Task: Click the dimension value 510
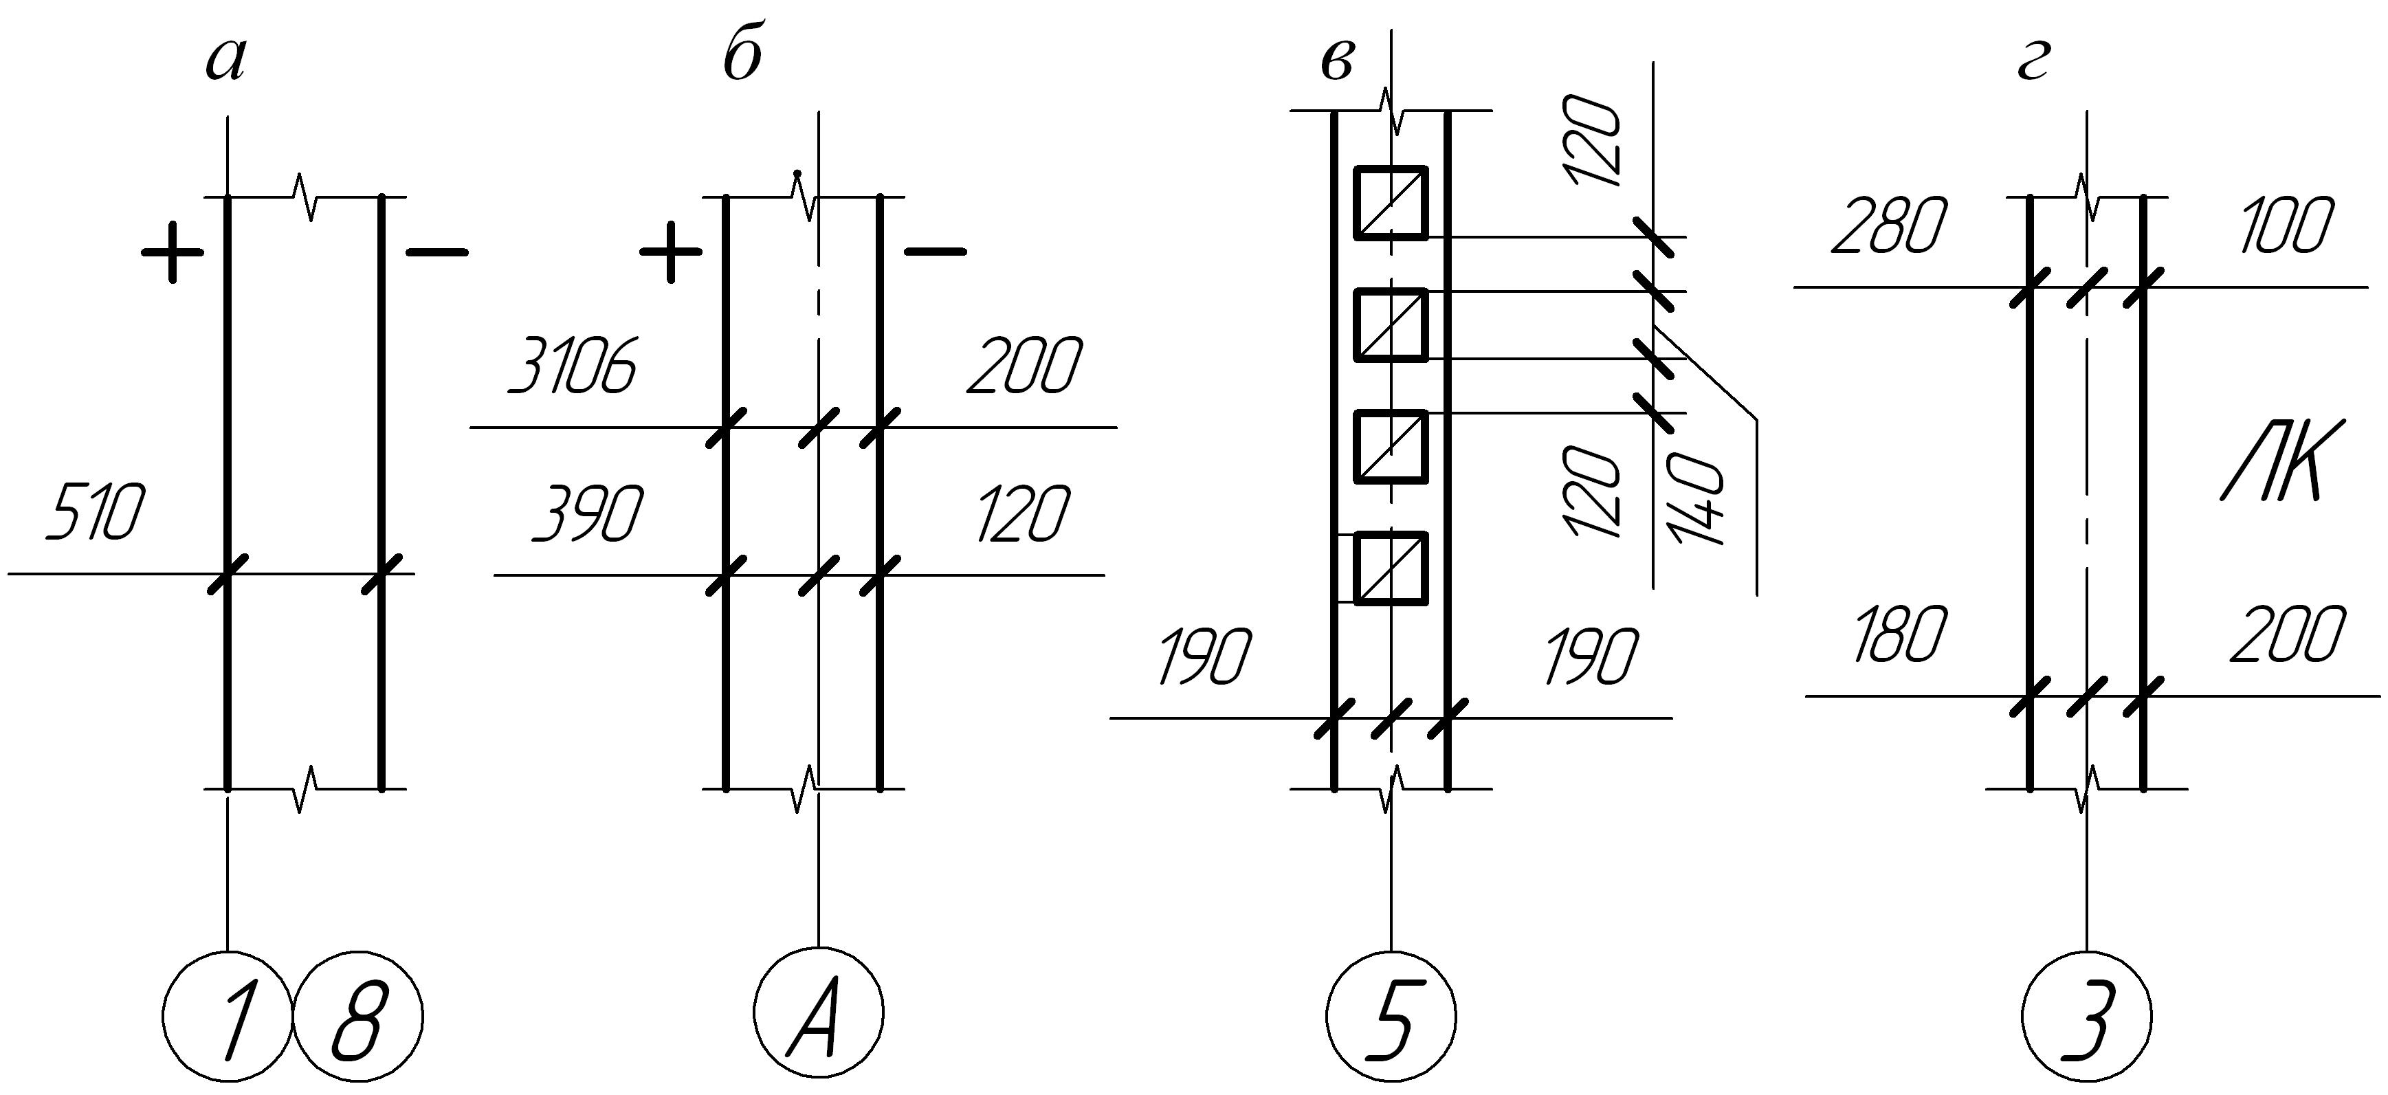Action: click(96, 512)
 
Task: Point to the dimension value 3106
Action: click(572, 366)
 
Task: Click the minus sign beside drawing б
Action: click(934, 250)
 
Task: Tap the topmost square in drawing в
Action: click(1391, 202)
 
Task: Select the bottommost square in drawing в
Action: click(1391, 568)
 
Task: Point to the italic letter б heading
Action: click(742, 58)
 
